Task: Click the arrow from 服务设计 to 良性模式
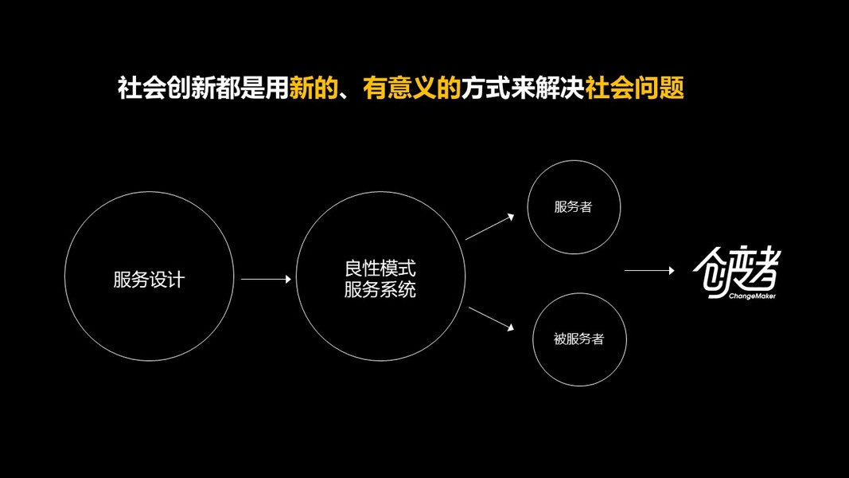tap(266, 279)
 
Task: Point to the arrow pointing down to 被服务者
tap(489, 317)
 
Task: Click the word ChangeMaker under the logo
tap(752, 296)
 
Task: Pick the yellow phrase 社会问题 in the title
tap(635, 88)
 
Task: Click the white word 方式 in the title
tap(481, 88)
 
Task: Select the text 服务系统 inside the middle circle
tap(380, 290)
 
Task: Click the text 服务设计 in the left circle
tap(149, 280)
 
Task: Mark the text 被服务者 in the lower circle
tap(579, 339)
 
